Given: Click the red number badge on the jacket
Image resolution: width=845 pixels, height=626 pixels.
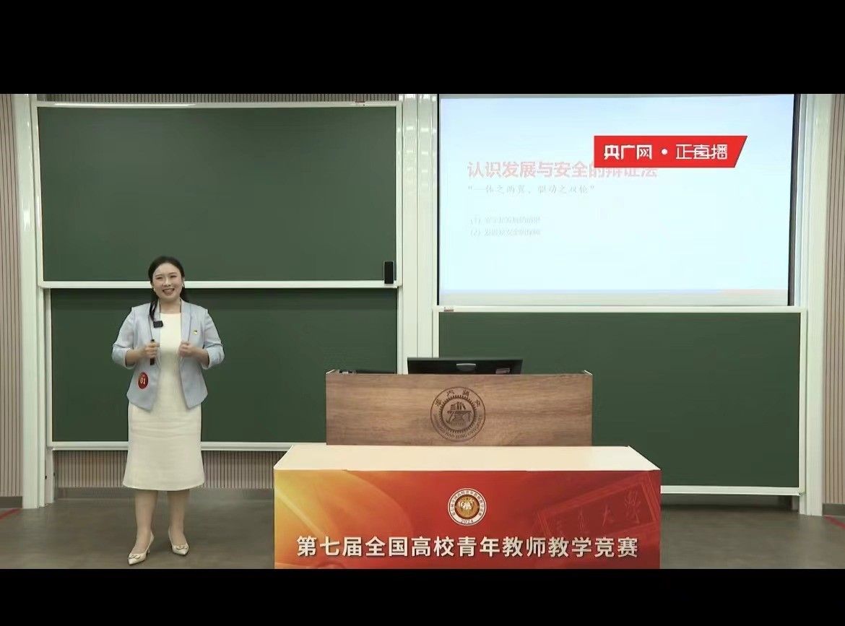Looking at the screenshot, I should pyautogui.click(x=143, y=379).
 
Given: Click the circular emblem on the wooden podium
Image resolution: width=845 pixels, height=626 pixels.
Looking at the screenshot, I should pyautogui.click(x=458, y=414).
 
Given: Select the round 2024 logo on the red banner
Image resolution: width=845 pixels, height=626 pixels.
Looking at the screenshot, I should pyautogui.click(x=467, y=506).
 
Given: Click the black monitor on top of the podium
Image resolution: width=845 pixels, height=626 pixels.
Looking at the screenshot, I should pyautogui.click(x=464, y=365).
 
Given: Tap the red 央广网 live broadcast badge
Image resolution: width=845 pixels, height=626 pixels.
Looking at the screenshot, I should pyautogui.click(x=669, y=152).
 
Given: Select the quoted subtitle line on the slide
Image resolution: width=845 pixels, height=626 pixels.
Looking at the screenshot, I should pyautogui.click(x=531, y=191).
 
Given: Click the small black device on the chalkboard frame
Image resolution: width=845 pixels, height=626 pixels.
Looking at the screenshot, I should pyautogui.click(x=389, y=271).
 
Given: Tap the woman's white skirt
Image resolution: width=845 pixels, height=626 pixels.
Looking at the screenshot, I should pyautogui.click(x=165, y=440).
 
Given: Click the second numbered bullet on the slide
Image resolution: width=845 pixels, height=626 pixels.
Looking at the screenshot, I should pyautogui.click(x=506, y=232).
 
